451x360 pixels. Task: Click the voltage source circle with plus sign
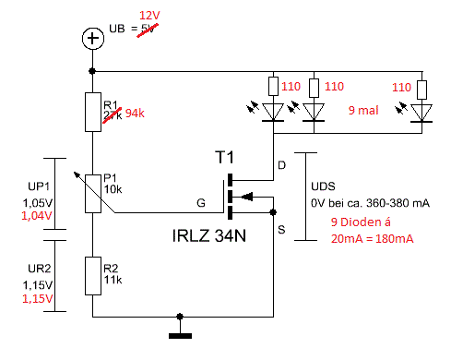[91, 39]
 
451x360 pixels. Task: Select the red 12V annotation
[149, 18]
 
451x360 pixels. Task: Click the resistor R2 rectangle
[91, 275]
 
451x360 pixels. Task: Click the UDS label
[324, 185]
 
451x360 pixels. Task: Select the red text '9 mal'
[363, 112]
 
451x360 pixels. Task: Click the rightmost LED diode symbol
[421, 113]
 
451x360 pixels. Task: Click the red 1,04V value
[32, 214]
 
